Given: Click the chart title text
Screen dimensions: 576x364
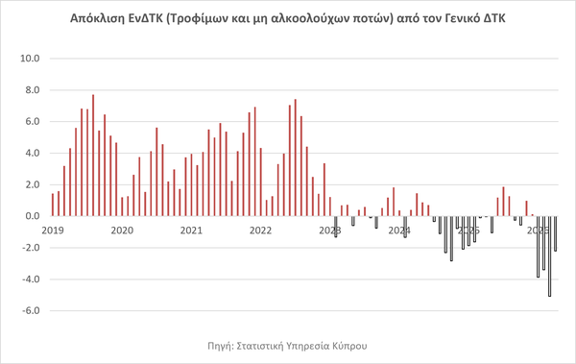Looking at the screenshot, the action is [288, 18].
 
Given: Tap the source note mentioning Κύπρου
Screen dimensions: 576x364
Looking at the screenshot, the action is [287, 346].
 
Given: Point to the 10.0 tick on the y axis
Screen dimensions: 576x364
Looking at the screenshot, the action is [30, 59].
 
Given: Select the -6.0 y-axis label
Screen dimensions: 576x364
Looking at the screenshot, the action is [31, 310].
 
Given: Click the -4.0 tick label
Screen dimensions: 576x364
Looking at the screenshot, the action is [31, 279].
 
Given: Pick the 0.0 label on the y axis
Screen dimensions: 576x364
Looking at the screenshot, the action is [33, 216].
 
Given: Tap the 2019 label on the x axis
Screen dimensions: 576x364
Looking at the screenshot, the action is [53, 231].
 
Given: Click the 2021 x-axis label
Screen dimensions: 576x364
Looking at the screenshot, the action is [191, 231].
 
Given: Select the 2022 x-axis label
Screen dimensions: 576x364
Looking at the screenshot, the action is [260, 231].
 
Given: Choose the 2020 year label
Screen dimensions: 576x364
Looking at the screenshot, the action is [122, 231].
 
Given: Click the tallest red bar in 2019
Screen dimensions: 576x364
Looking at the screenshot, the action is [93, 156].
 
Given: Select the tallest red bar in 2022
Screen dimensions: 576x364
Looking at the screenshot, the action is [296, 158].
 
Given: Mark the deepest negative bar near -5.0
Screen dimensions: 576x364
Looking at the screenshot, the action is [549, 256].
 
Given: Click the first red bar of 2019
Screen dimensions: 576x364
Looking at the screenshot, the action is [53, 205].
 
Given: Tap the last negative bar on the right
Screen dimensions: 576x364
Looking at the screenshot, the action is [556, 233].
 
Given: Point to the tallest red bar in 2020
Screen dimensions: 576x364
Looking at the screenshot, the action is [156, 172].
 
